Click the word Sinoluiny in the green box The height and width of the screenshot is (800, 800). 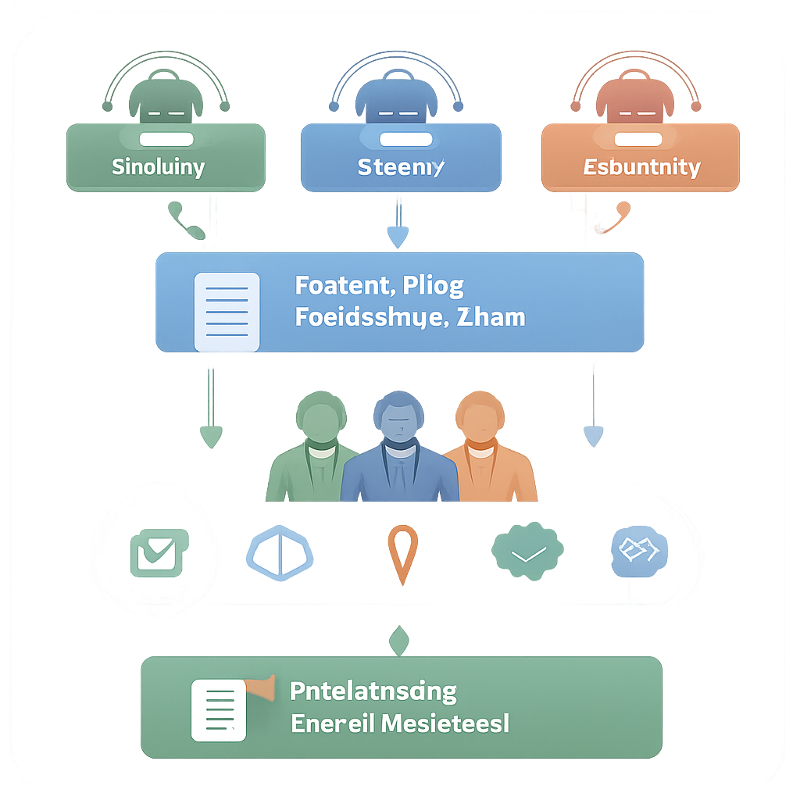click(159, 166)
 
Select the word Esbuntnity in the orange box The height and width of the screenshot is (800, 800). click(641, 166)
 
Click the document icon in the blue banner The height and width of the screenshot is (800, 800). click(227, 312)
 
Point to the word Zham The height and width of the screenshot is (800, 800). click(494, 317)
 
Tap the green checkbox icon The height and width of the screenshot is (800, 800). click(159, 553)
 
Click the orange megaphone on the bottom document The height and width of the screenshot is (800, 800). click(262, 687)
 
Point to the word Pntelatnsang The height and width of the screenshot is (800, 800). click(373, 691)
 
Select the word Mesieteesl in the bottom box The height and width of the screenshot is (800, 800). click(445, 723)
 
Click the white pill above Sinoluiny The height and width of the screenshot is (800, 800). click(166, 139)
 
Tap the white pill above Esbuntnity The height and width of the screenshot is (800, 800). click(638, 139)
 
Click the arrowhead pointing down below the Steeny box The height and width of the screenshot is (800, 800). click(398, 236)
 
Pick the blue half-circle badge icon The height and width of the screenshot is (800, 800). click(279, 554)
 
